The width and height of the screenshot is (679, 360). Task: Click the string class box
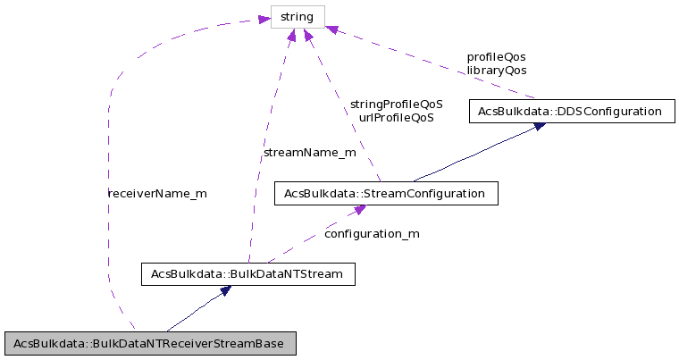[x=298, y=16]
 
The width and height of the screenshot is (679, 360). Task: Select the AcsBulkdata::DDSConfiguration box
[x=572, y=112]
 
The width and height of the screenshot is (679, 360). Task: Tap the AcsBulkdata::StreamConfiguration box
[x=384, y=193]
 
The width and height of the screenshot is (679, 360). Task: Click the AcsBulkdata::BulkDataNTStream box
[x=248, y=273]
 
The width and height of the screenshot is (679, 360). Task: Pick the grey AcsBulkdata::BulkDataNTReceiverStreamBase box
[x=149, y=343]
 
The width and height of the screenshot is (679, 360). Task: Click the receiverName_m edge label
[x=156, y=193]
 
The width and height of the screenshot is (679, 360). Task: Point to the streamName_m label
[x=309, y=153]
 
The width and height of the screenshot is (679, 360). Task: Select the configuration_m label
[x=371, y=233]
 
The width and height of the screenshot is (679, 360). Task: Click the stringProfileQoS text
[x=396, y=104]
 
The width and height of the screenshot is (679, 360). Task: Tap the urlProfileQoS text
[x=396, y=117]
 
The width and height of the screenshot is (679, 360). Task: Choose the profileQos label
[x=496, y=56]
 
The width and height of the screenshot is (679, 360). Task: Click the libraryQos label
[x=496, y=70]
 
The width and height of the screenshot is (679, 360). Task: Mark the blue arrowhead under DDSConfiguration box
[x=539, y=127]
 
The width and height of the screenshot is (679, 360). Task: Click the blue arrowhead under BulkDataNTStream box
[x=226, y=290]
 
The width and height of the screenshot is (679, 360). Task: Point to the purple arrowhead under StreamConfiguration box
[x=358, y=210]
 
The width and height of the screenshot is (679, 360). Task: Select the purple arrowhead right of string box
[x=331, y=30]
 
